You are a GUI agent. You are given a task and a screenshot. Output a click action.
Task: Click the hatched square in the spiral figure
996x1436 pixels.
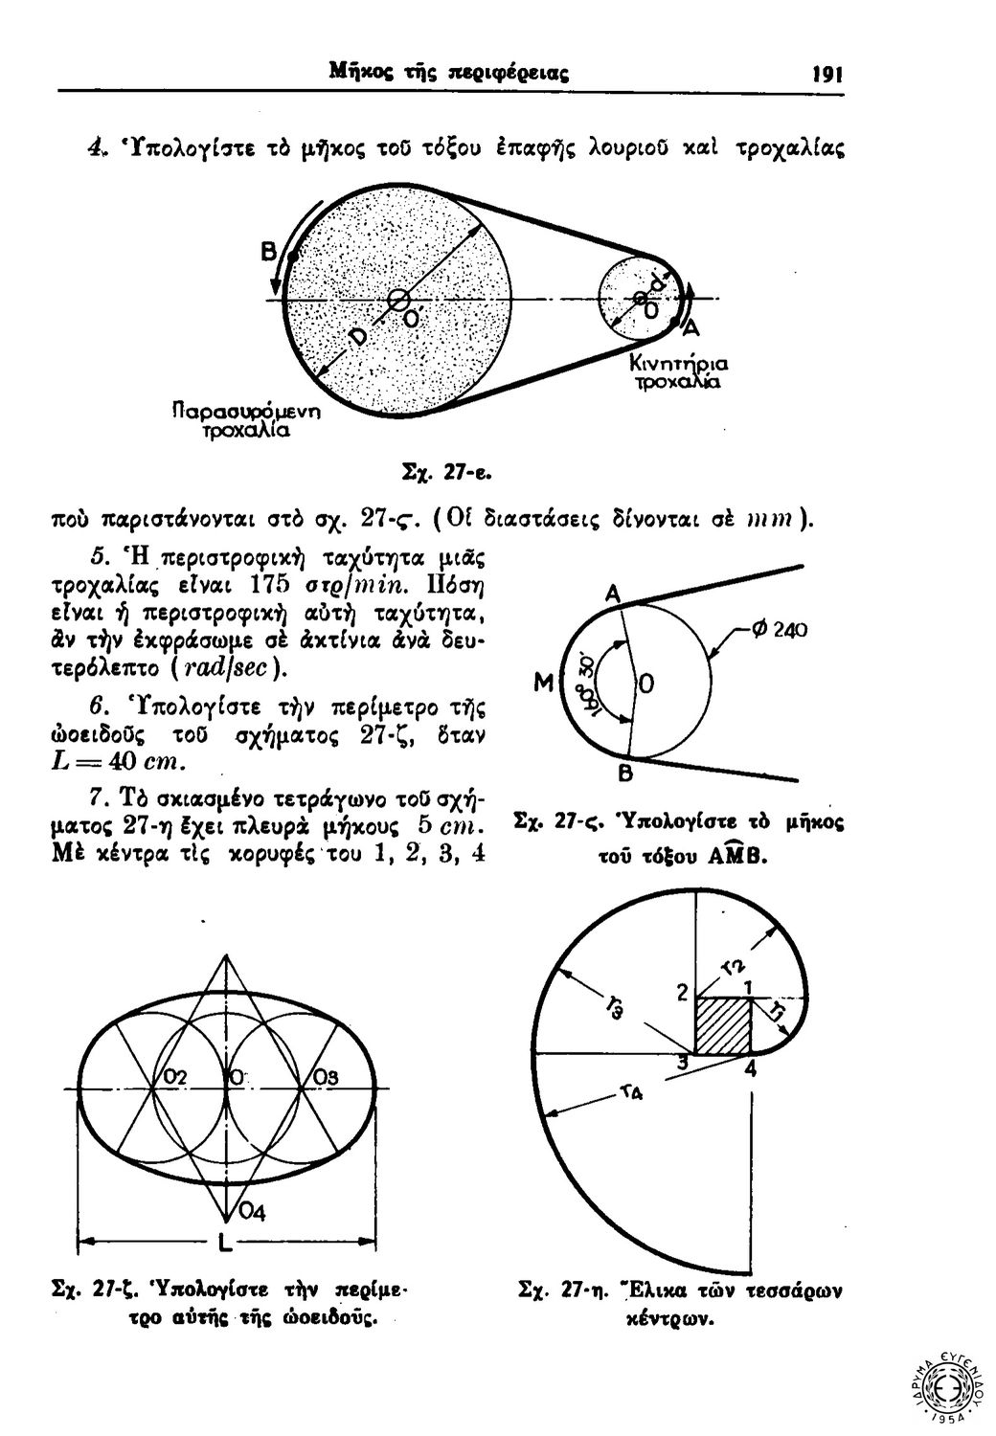tap(722, 1026)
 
